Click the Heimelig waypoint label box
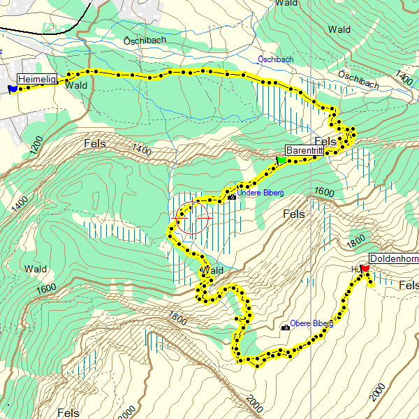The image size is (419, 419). coord(36,78)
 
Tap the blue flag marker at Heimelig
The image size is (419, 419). coord(13,89)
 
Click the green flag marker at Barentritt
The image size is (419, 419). coord(281,160)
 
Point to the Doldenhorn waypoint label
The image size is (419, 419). coord(394,259)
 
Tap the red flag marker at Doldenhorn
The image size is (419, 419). coord(365,267)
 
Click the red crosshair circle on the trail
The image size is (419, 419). coord(192,218)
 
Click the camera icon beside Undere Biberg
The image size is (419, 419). coord(232,197)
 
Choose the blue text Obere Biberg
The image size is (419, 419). coord(311,323)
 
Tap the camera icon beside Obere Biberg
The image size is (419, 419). coord(285,328)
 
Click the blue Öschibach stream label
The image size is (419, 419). coord(275,59)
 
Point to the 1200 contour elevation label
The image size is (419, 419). coord(37,147)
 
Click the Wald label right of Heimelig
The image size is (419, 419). coord(75,85)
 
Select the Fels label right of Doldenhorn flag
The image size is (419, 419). coord(409,285)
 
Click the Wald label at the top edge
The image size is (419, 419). coord(286,3)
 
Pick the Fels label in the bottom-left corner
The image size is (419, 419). coord(68,413)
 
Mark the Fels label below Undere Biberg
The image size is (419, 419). coord(294,214)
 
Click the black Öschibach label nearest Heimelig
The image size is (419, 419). coord(145,41)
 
